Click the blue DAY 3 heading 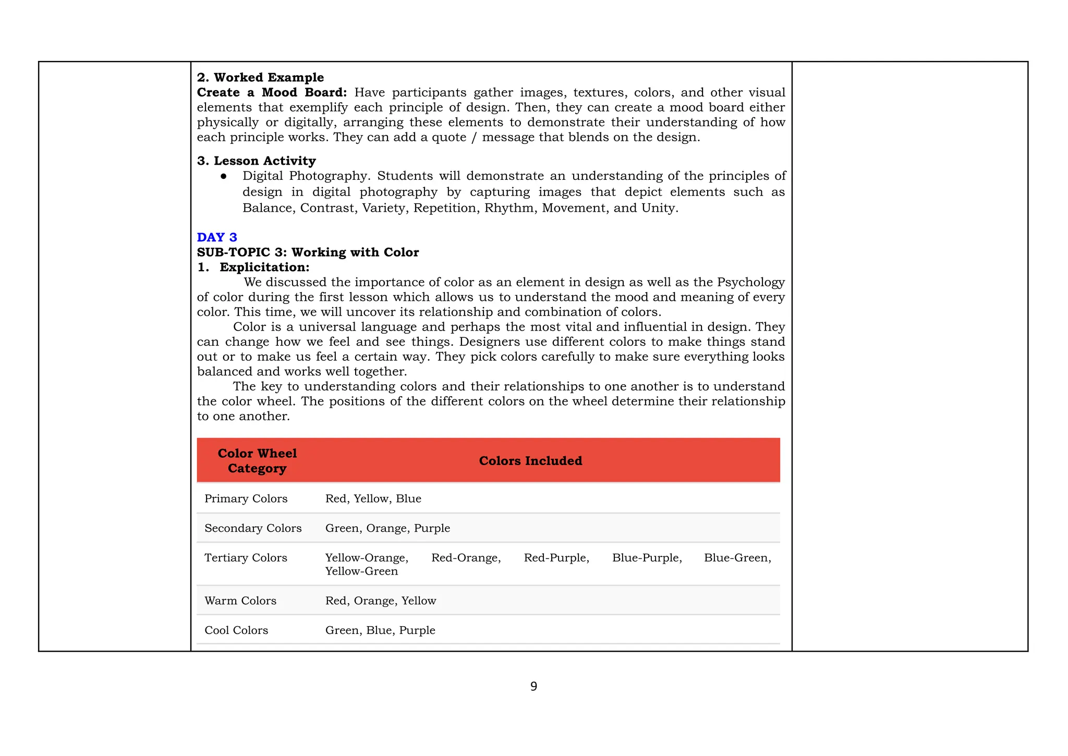pos(217,237)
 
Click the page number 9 pos(533,687)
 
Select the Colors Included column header pos(530,461)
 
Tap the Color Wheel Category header pos(257,461)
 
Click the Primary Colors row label pos(246,498)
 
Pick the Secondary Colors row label pos(253,528)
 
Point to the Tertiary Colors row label pos(246,558)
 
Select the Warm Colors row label pos(240,601)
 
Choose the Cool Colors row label pos(236,630)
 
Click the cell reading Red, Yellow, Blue pos(373,498)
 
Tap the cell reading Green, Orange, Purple pos(387,528)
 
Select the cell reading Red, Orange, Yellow pos(381,601)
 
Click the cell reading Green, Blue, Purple pos(380,630)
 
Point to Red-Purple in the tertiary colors pos(556,558)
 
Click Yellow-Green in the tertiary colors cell pos(361,571)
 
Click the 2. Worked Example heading pos(260,77)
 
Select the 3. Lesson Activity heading pos(256,161)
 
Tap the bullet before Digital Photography pos(224,176)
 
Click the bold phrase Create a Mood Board pos(272,92)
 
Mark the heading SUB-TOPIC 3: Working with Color pos(308,252)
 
